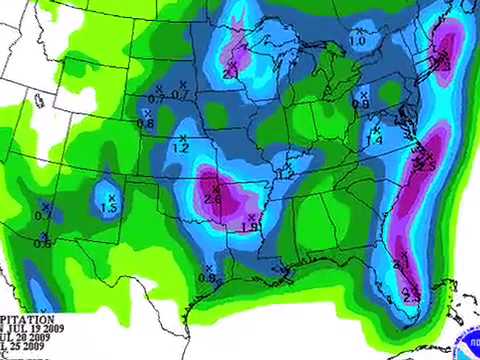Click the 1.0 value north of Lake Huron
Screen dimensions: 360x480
(357, 42)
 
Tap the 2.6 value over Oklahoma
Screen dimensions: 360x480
(213, 198)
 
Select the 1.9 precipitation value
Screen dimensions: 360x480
(250, 227)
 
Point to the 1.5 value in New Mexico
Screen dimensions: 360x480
(110, 208)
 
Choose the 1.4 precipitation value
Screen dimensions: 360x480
(375, 141)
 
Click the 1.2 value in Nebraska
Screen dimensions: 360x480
(181, 148)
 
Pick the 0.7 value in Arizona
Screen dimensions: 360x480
(44, 216)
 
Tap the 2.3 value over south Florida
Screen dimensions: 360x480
(411, 297)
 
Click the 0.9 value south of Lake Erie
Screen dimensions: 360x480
(361, 104)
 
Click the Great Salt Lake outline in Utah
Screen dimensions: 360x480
(41, 100)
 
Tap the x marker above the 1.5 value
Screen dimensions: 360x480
(109, 195)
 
